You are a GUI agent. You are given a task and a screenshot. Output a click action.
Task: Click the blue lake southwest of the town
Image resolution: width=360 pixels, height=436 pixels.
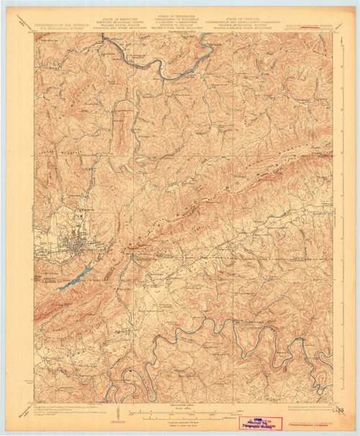click(x=76, y=278)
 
